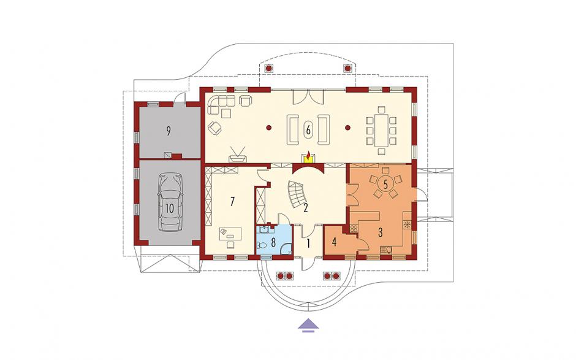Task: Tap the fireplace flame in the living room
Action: tap(309, 155)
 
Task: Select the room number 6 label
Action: tap(308, 129)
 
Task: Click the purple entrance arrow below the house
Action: tap(308, 325)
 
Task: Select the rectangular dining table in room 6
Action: tap(381, 131)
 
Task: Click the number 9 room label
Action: tap(169, 131)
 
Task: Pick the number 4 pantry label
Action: tap(334, 242)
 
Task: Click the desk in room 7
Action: tap(230, 234)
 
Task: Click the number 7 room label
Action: tap(232, 202)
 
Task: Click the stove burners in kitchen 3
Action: tap(354, 228)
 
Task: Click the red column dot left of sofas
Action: tap(269, 128)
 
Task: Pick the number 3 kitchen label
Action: tap(380, 232)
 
